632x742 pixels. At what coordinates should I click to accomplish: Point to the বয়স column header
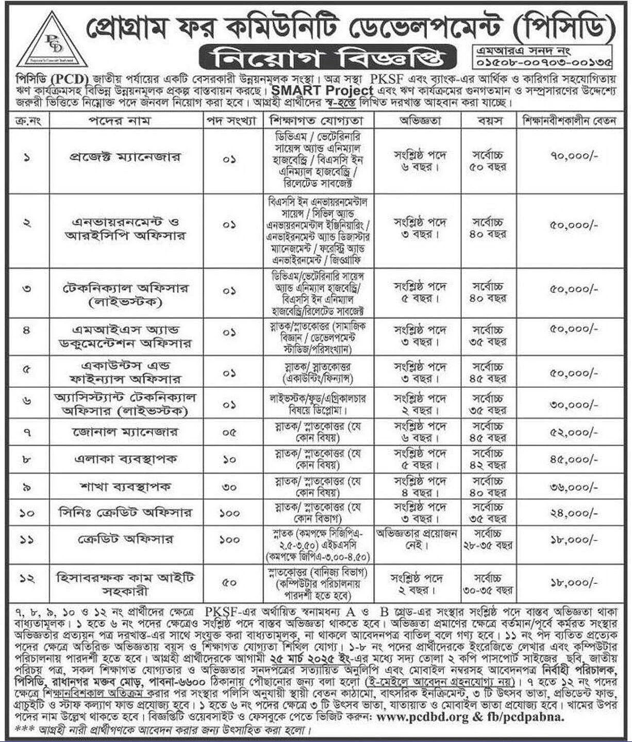coord(488,121)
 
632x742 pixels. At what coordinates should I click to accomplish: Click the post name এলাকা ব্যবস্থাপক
coord(126,459)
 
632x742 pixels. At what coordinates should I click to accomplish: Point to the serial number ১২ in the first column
coord(27,580)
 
